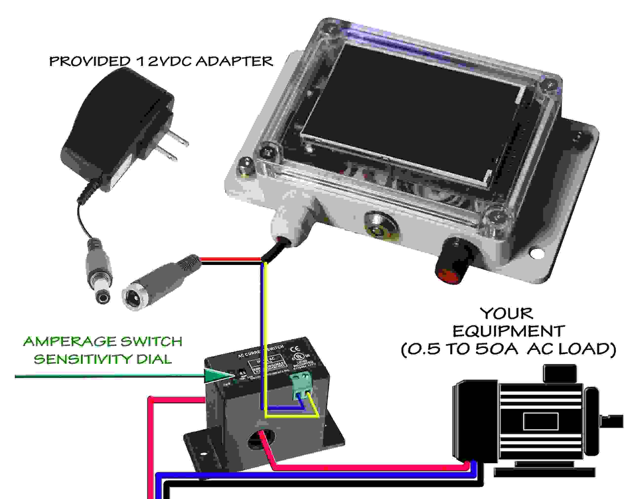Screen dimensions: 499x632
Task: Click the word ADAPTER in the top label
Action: pyautogui.click(x=234, y=61)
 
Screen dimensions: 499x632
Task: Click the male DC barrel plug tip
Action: pyautogui.click(x=103, y=298)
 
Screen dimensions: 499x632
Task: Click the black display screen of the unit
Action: pyautogui.click(x=409, y=111)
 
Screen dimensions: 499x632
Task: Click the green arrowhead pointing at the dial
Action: pyautogui.click(x=215, y=376)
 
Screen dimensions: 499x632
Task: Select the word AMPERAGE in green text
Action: pyautogui.click(x=69, y=341)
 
